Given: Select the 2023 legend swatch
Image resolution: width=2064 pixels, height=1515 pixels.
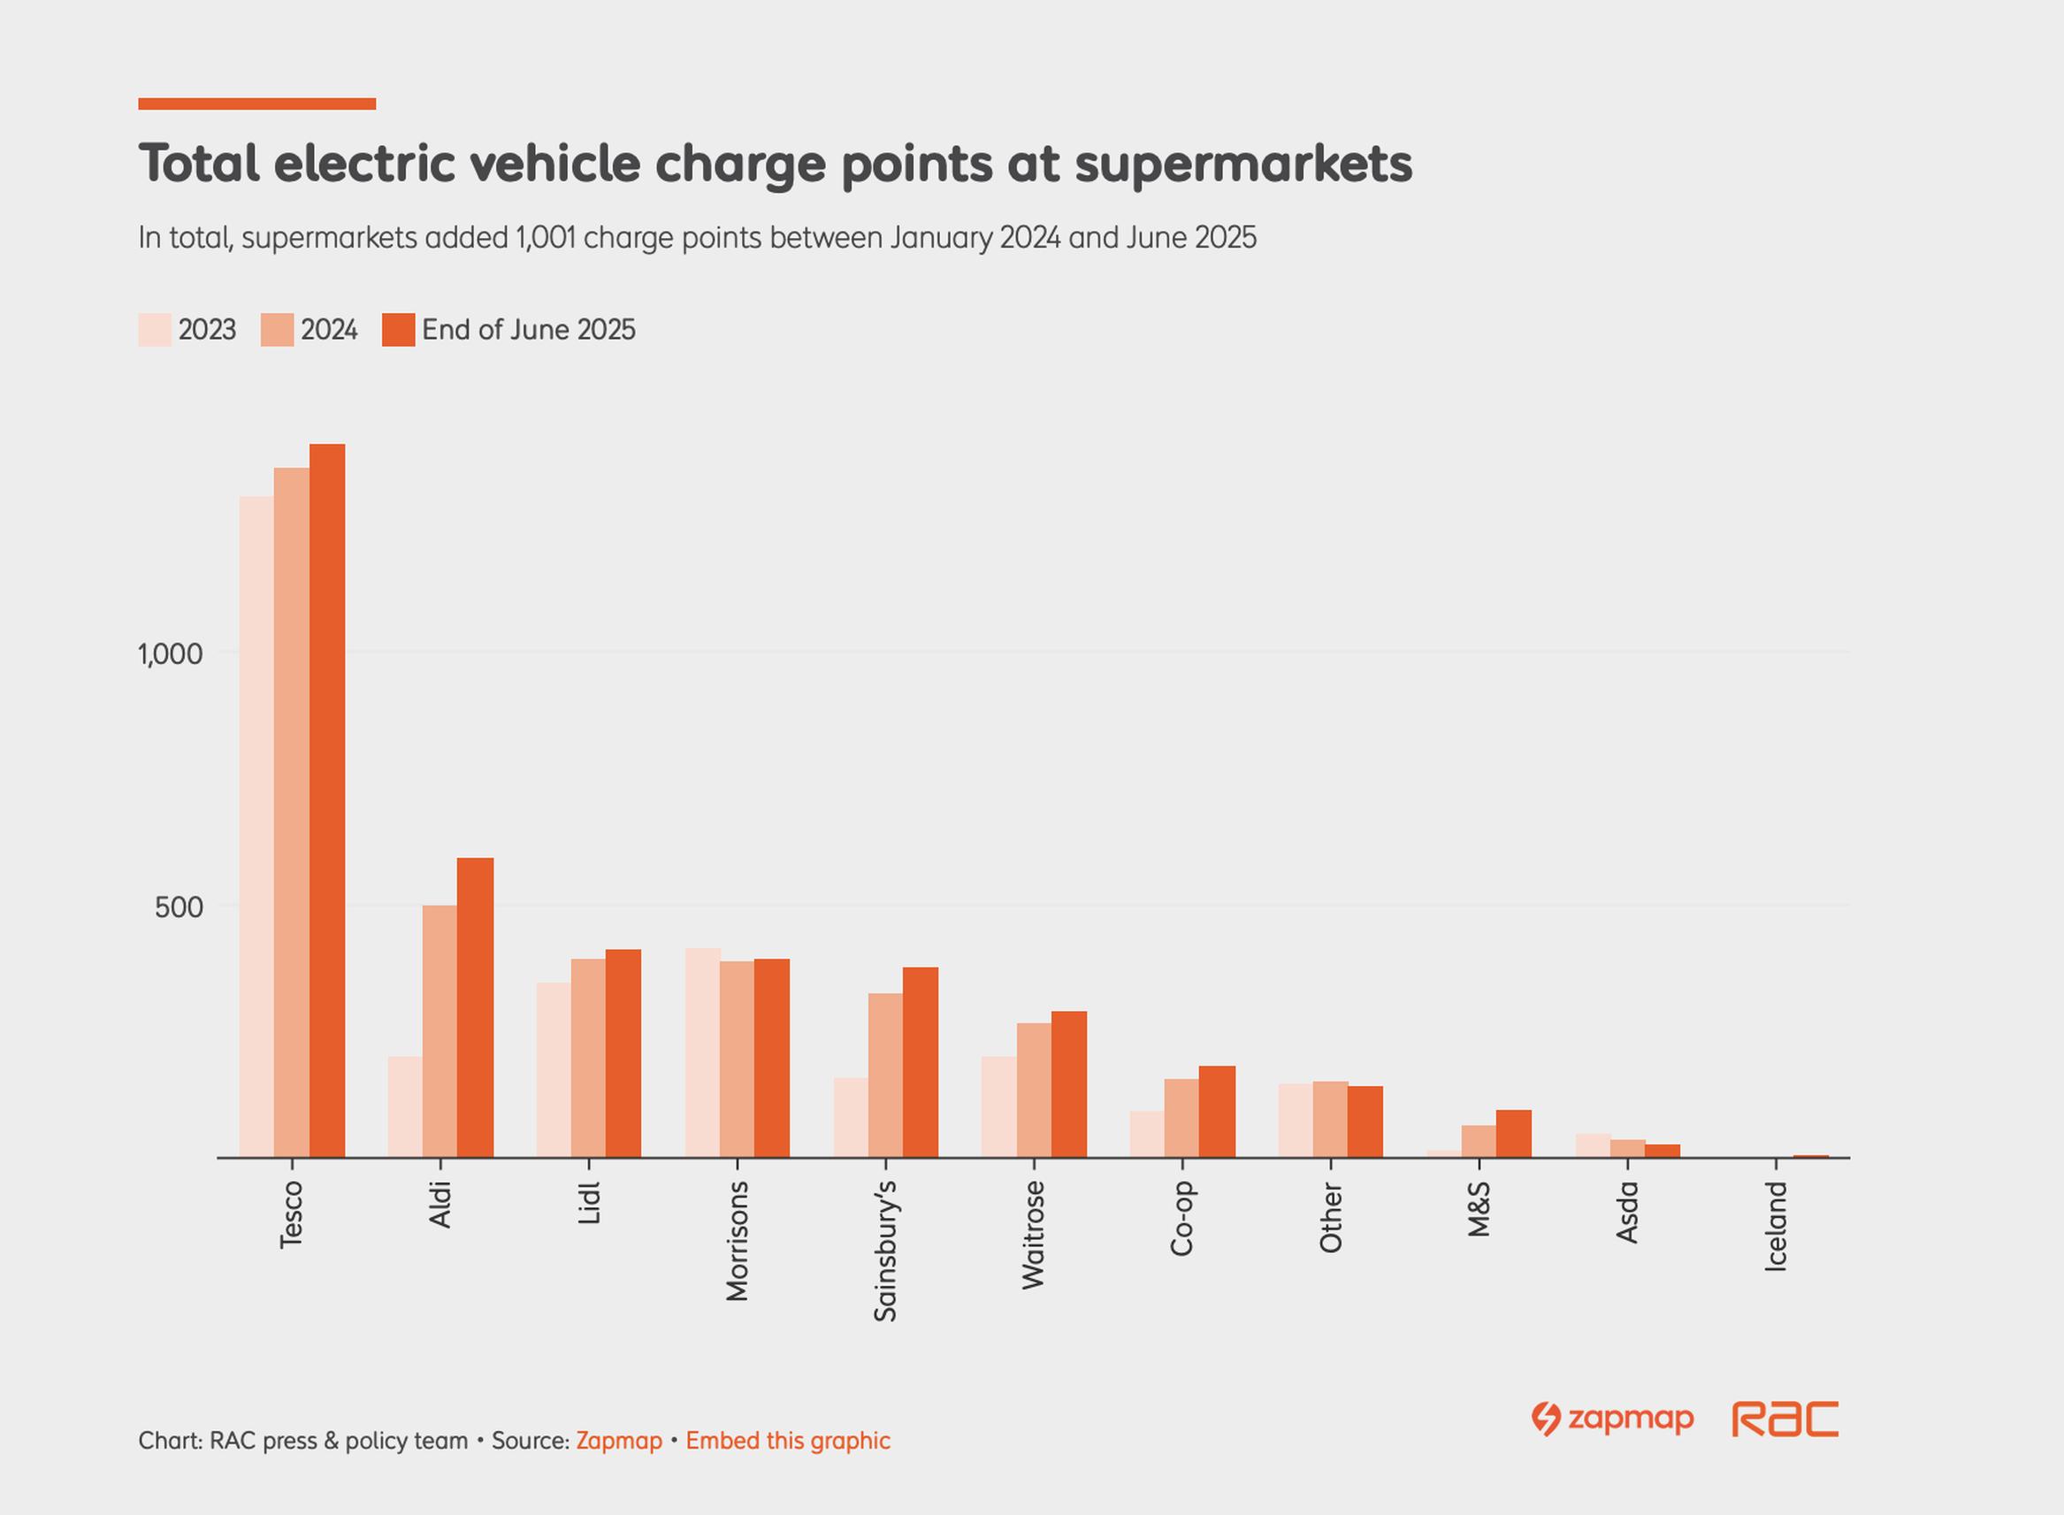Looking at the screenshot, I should click(x=154, y=330).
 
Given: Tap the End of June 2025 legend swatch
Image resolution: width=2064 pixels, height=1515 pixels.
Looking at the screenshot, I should click(x=398, y=330).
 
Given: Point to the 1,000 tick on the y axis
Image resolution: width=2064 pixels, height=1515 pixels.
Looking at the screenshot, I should click(x=170, y=654).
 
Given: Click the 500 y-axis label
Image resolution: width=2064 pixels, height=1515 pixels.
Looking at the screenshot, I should click(x=178, y=908).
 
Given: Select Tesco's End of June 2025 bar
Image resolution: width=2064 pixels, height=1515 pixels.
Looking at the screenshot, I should click(x=327, y=800).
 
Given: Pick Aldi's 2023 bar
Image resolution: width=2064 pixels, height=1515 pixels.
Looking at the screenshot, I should click(x=404, y=1107).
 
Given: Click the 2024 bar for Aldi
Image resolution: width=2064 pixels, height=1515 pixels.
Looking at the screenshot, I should click(x=440, y=1032).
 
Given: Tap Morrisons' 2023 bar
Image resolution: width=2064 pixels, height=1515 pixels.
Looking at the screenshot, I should click(x=701, y=1052).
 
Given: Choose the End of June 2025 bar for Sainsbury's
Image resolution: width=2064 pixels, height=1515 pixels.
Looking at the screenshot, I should click(x=920, y=1062).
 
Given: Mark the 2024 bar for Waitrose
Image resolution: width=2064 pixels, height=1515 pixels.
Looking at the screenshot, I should click(x=1034, y=1090).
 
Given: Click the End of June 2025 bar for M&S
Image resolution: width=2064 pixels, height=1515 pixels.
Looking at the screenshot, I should click(x=1513, y=1134).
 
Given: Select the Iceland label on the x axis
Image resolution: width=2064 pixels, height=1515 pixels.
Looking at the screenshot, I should click(x=1776, y=1226).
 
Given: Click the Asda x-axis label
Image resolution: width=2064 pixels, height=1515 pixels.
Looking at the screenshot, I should click(x=1626, y=1213).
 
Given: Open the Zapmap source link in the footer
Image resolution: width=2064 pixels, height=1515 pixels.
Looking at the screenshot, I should click(x=619, y=1441).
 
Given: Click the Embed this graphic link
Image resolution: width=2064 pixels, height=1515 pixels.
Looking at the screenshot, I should click(x=788, y=1441).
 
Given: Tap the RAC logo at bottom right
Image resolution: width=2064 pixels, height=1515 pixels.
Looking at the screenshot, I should click(x=1785, y=1419).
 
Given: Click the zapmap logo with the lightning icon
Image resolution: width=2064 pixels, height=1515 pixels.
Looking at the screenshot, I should click(x=1612, y=1419).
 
